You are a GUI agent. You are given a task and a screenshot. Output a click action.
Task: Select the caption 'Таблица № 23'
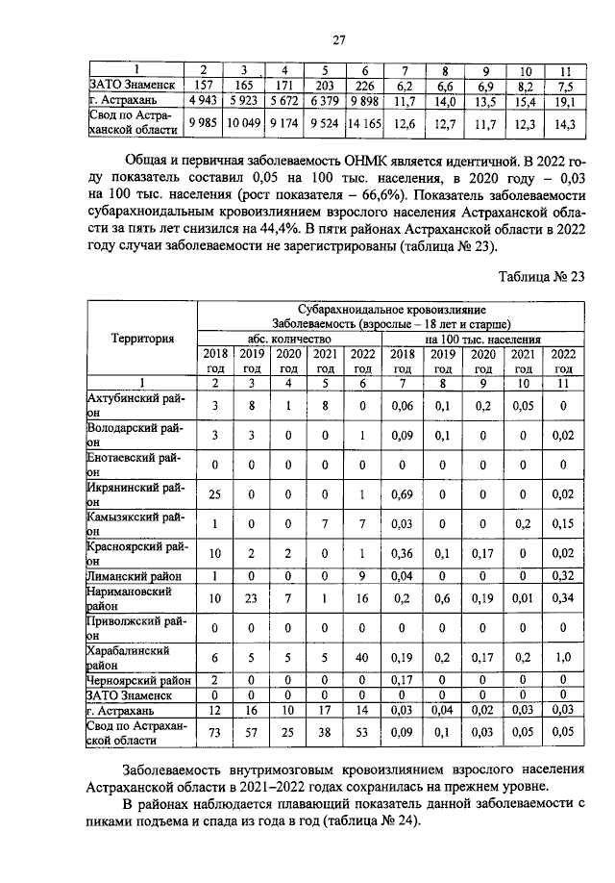pyautogui.click(x=540, y=277)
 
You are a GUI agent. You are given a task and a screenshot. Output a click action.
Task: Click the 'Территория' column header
pyautogui.click(x=142, y=339)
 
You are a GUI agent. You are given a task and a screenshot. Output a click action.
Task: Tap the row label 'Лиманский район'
pyautogui.click(x=134, y=575)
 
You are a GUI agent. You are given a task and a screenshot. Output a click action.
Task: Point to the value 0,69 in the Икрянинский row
pyautogui.click(x=404, y=493)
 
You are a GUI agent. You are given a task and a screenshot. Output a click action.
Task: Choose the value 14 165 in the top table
pyautogui.click(x=365, y=123)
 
